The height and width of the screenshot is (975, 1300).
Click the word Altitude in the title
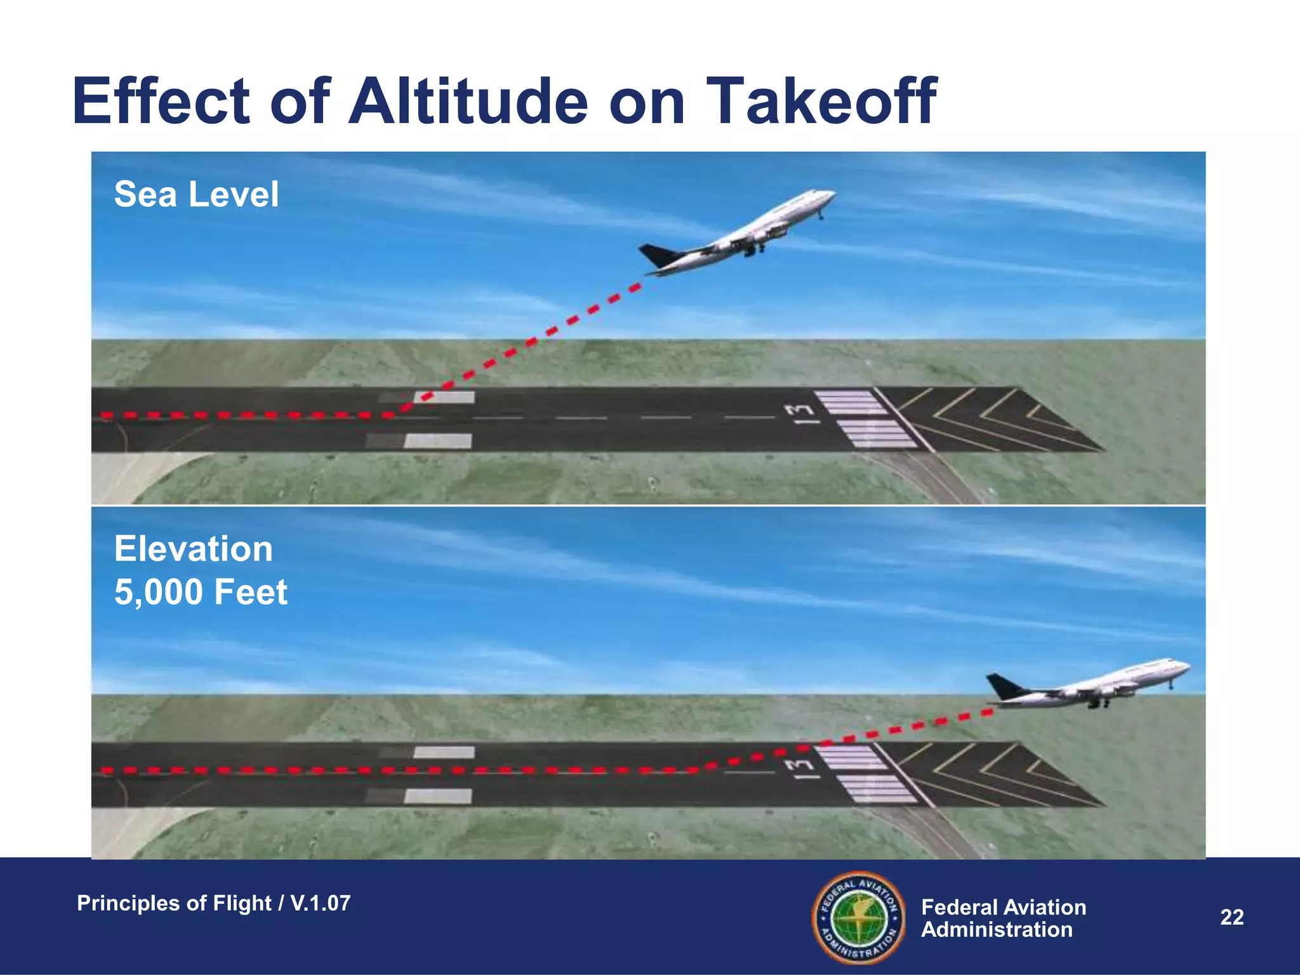[468, 102]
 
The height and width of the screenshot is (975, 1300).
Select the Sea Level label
[196, 194]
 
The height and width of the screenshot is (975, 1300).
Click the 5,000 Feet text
[201, 592]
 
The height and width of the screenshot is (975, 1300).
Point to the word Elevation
[194, 549]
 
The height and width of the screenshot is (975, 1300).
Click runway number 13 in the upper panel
[799, 413]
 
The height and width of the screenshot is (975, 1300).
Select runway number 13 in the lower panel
[799, 769]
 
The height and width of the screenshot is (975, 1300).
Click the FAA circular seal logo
[858, 917]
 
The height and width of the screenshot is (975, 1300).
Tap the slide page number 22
[1231, 917]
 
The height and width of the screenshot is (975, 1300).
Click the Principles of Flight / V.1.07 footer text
[213, 903]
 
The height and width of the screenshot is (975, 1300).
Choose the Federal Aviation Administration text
[1003, 919]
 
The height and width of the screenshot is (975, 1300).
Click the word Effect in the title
[162, 102]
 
